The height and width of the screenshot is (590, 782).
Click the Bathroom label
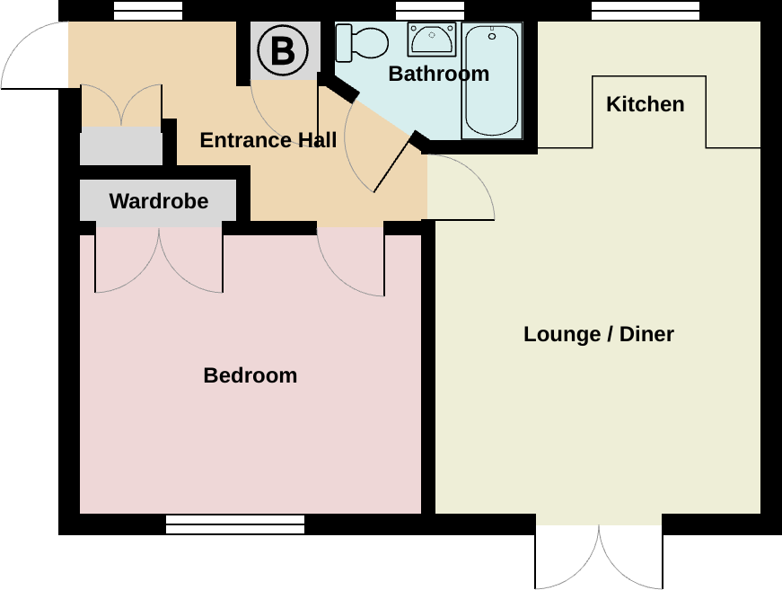(x=438, y=74)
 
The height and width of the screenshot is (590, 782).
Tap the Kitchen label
(x=646, y=104)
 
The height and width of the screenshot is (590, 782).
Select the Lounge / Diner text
(x=599, y=334)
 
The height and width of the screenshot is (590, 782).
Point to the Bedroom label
(x=250, y=375)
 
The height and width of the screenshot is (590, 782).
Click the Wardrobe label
(x=159, y=201)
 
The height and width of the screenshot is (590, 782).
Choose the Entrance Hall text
(x=268, y=140)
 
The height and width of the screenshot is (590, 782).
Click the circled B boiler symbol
(x=283, y=50)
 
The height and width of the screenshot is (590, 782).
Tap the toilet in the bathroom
(x=362, y=43)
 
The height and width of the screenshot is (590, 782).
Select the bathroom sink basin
(x=432, y=39)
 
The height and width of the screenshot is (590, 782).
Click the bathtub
(x=492, y=80)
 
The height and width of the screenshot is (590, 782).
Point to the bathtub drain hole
(x=492, y=37)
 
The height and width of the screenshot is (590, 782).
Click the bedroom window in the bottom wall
(x=235, y=524)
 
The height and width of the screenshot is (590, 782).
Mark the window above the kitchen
(x=646, y=11)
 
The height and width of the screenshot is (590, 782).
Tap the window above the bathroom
(x=430, y=11)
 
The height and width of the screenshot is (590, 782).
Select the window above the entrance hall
(x=148, y=11)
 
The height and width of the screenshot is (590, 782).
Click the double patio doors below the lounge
(x=599, y=557)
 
